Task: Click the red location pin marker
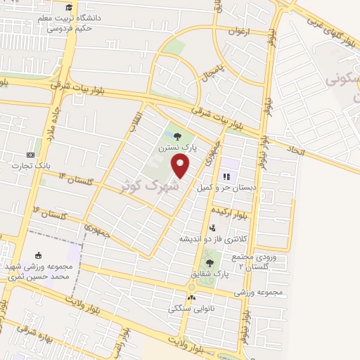(x=181, y=166)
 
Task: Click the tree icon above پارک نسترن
(x=176, y=136)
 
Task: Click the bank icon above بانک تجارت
(x=30, y=155)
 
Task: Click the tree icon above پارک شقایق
(x=209, y=262)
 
